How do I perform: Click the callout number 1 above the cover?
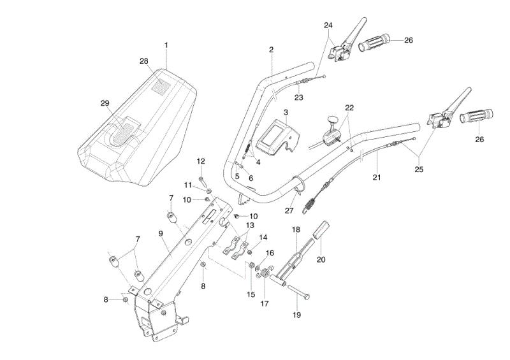pyautogui.click(x=166, y=45)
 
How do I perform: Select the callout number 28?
pyautogui.click(x=144, y=61)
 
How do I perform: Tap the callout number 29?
pyautogui.click(x=105, y=103)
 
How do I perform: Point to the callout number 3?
pyautogui.click(x=286, y=113)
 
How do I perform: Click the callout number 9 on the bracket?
pyautogui.click(x=161, y=233)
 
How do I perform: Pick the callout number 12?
pyautogui.click(x=201, y=161)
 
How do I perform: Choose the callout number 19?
pyautogui.click(x=296, y=315)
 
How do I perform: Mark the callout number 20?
pyautogui.click(x=321, y=259)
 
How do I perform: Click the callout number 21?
pyautogui.click(x=377, y=177)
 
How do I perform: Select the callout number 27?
pyautogui.click(x=289, y=211)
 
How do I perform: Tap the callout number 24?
pyautogui.click(x=328, y=25)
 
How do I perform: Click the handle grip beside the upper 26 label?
pyautogui.click(x=374, y=42)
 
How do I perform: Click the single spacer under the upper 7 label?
pyautogui.click(x=172, y=217)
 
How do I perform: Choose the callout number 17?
pyautogui.click(x=265, y=303)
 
